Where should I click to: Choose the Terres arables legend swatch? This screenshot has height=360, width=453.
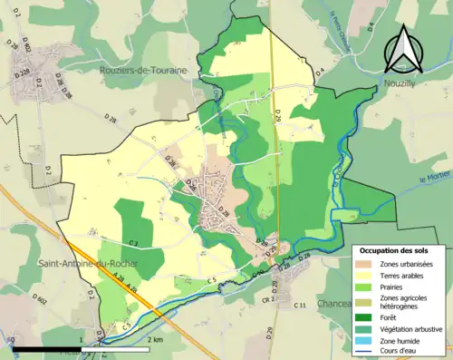(368, 276)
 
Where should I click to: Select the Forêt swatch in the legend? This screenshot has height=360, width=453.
(368, 317)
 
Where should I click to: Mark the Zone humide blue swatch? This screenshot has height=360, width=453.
(368, 341)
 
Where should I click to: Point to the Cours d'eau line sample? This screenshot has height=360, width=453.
(368, 352)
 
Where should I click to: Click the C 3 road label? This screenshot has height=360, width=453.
(132, 243)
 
